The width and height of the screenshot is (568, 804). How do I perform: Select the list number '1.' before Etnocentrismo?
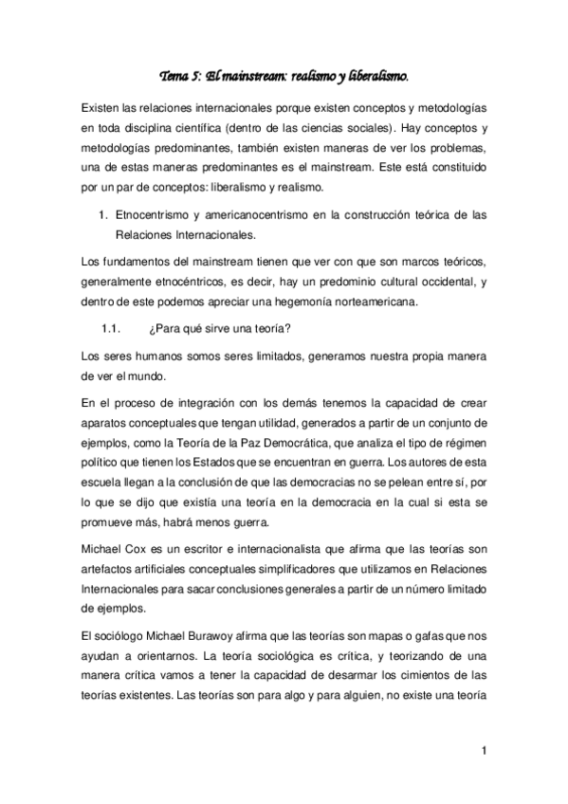coord(104,216)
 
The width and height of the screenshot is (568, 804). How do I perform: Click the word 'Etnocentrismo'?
coord(155,216)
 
